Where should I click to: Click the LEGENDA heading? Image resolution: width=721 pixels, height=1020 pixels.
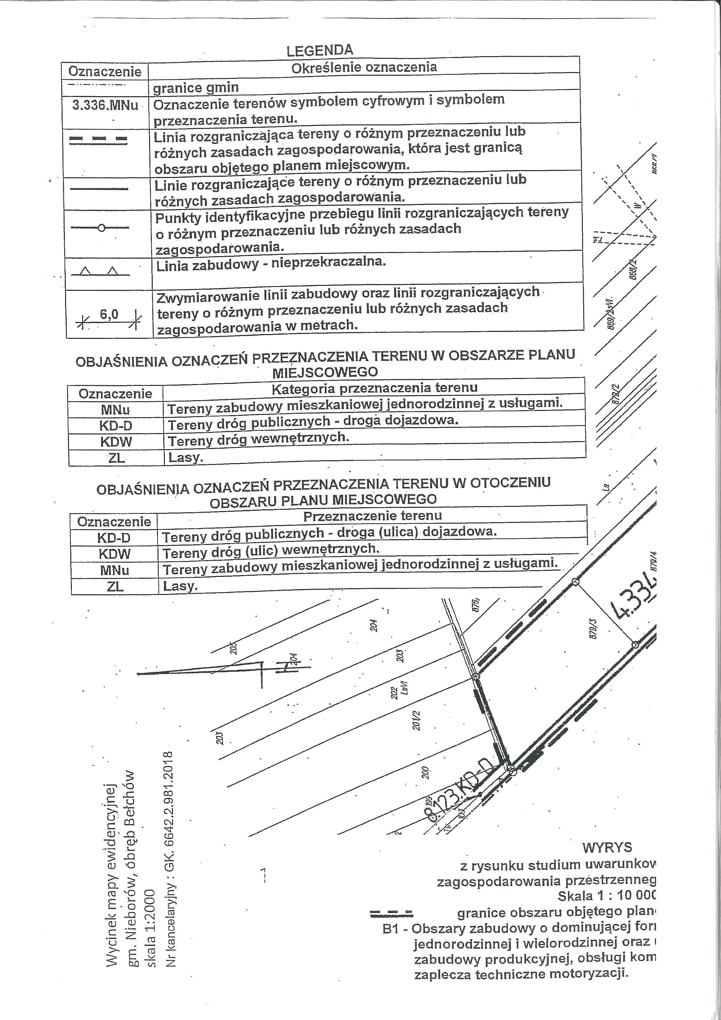click(x=320, y=50)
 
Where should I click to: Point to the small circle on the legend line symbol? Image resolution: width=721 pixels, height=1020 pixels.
click(x=101, y=228)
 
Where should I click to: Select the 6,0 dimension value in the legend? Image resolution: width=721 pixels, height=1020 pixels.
click(x=109, y=315)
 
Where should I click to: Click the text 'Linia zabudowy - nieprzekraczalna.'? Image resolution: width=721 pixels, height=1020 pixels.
click(x=271, y=263)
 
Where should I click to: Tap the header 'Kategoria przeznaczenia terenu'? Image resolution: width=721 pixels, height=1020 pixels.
click(x=374, y=388)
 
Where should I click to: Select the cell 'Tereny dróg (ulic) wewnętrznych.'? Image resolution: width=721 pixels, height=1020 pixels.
click(x=271, y=551)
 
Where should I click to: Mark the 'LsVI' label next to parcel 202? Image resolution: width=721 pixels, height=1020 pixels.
click(x=404, y=688)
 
